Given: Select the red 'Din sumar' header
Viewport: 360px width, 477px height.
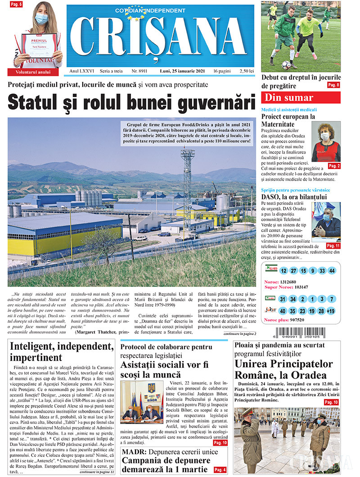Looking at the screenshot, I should (301, 98).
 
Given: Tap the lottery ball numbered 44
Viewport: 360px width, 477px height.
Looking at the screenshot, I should (332, 271).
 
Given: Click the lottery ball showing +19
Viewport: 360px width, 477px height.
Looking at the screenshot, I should (331, 311).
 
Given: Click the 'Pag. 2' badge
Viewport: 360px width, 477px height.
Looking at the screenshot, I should (334, 166).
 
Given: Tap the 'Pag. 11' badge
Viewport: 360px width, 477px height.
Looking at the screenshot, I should (333, 246).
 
